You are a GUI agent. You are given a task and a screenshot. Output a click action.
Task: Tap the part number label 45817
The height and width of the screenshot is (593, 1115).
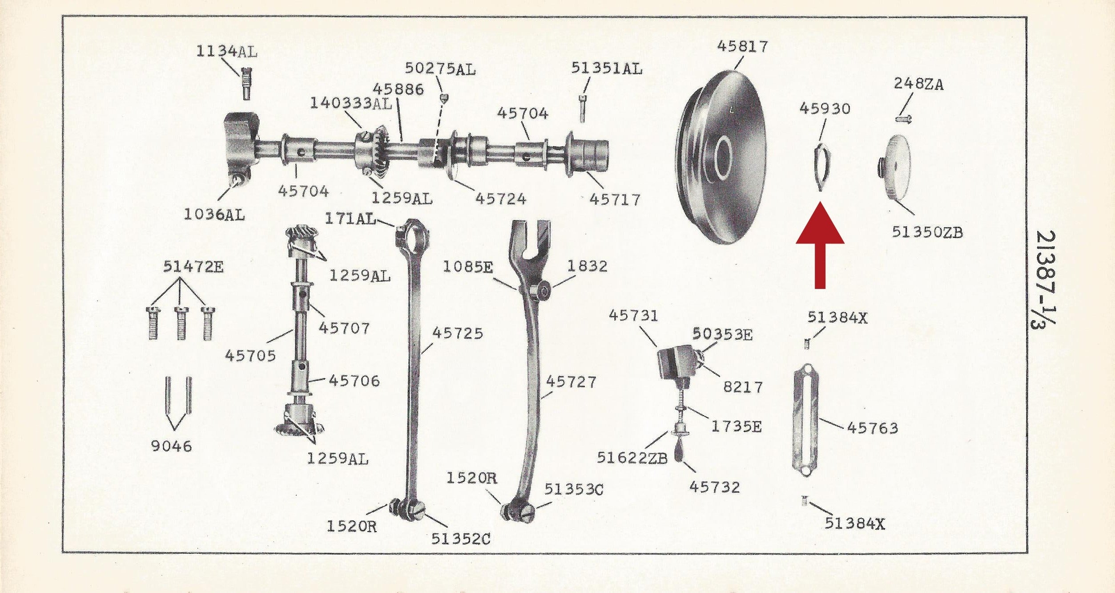coord(742,46)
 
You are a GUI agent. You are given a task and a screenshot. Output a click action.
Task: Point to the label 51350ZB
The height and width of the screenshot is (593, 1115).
coord(927,232)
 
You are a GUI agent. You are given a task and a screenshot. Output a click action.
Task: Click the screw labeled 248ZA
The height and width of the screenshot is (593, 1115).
coord(903,119)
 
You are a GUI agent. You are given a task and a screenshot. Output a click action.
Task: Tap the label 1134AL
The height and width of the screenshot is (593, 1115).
coord(227,52)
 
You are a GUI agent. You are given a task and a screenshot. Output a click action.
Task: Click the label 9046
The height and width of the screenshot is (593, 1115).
coord(171,446)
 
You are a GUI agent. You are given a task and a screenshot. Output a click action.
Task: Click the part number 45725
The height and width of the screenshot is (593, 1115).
coord(458,333)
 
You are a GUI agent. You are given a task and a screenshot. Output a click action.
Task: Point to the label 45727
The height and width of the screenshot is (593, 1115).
coord(571,382)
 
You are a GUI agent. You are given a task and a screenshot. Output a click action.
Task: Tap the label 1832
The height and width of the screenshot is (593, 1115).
coord(587,266)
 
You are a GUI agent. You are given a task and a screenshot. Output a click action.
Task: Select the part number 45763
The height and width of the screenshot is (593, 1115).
coord(873,428)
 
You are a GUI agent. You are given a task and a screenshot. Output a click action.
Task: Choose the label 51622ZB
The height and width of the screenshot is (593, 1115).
coord(632,458)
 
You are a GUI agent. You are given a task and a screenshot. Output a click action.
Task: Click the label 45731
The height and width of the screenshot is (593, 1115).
coord(633,316)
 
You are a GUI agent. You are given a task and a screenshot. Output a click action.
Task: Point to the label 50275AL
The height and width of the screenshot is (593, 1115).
coord(440,69)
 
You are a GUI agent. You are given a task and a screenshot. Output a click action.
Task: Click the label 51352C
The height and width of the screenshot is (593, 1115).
coord(461,539)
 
